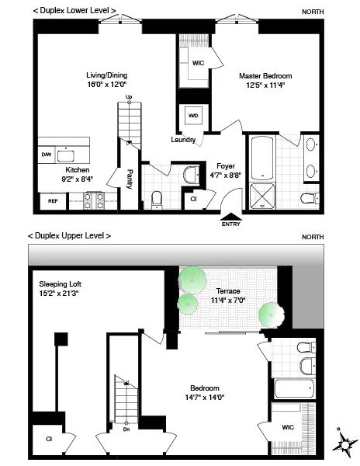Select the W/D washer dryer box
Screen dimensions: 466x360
tap(192, 117)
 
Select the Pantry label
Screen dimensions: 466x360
tap(130, 179)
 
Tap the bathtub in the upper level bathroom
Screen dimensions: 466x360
tap(293, 389)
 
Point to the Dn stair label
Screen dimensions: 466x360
tap(127, 428)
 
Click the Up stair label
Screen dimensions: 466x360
tap(128, 96)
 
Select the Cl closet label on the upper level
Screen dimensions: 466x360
tap(48, 439)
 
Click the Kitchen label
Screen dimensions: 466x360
tap(78, 169)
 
